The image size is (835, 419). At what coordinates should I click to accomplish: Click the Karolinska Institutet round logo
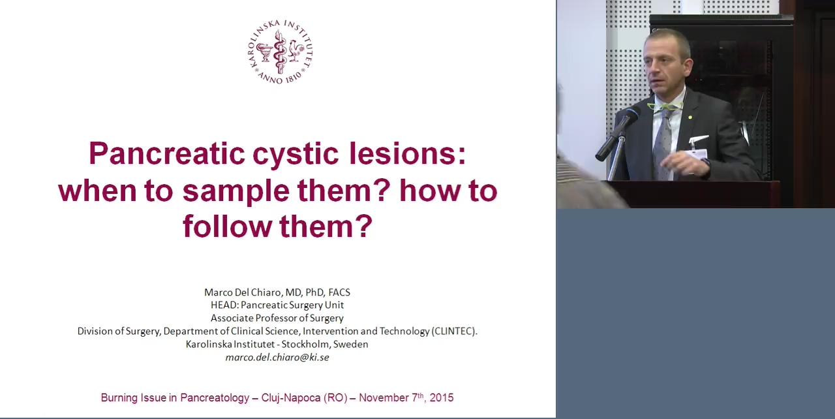pyautogui.click(x=280, y=52)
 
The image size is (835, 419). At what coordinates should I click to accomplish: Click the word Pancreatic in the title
pyautogui.click(x=167, y=153)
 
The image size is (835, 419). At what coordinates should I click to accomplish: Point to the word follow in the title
pyautogui.click(x=227, y=226)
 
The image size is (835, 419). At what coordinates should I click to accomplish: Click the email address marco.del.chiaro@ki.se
pyautogui.click(x=277, y=358)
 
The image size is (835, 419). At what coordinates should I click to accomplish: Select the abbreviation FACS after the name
pyautogui.click(x=339, y=292)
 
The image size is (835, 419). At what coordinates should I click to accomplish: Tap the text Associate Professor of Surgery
pyautogui.click(x=277, y=318)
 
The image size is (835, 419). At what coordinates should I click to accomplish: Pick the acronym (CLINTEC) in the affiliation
pyautogui.click(x=454, y=331)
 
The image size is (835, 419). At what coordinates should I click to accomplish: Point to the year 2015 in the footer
pyautogui.click(x=442, y=397)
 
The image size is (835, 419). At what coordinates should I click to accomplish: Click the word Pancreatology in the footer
pyautogui.click(x=215, y=398)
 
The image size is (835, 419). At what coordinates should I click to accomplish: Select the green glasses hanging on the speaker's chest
pyautogui.click(x=665, y=106)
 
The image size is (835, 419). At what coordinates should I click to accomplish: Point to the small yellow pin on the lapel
pyautogui.click(x=690, y=117)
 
